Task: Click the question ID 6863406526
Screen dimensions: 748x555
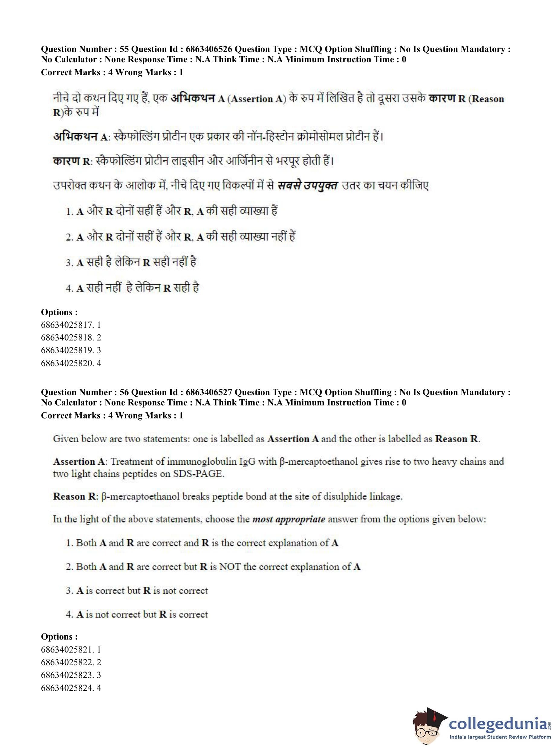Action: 209,49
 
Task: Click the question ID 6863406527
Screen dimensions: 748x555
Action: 209,392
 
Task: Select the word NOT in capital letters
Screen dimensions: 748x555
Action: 230,567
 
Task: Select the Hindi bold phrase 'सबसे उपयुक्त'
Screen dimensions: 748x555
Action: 307,186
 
